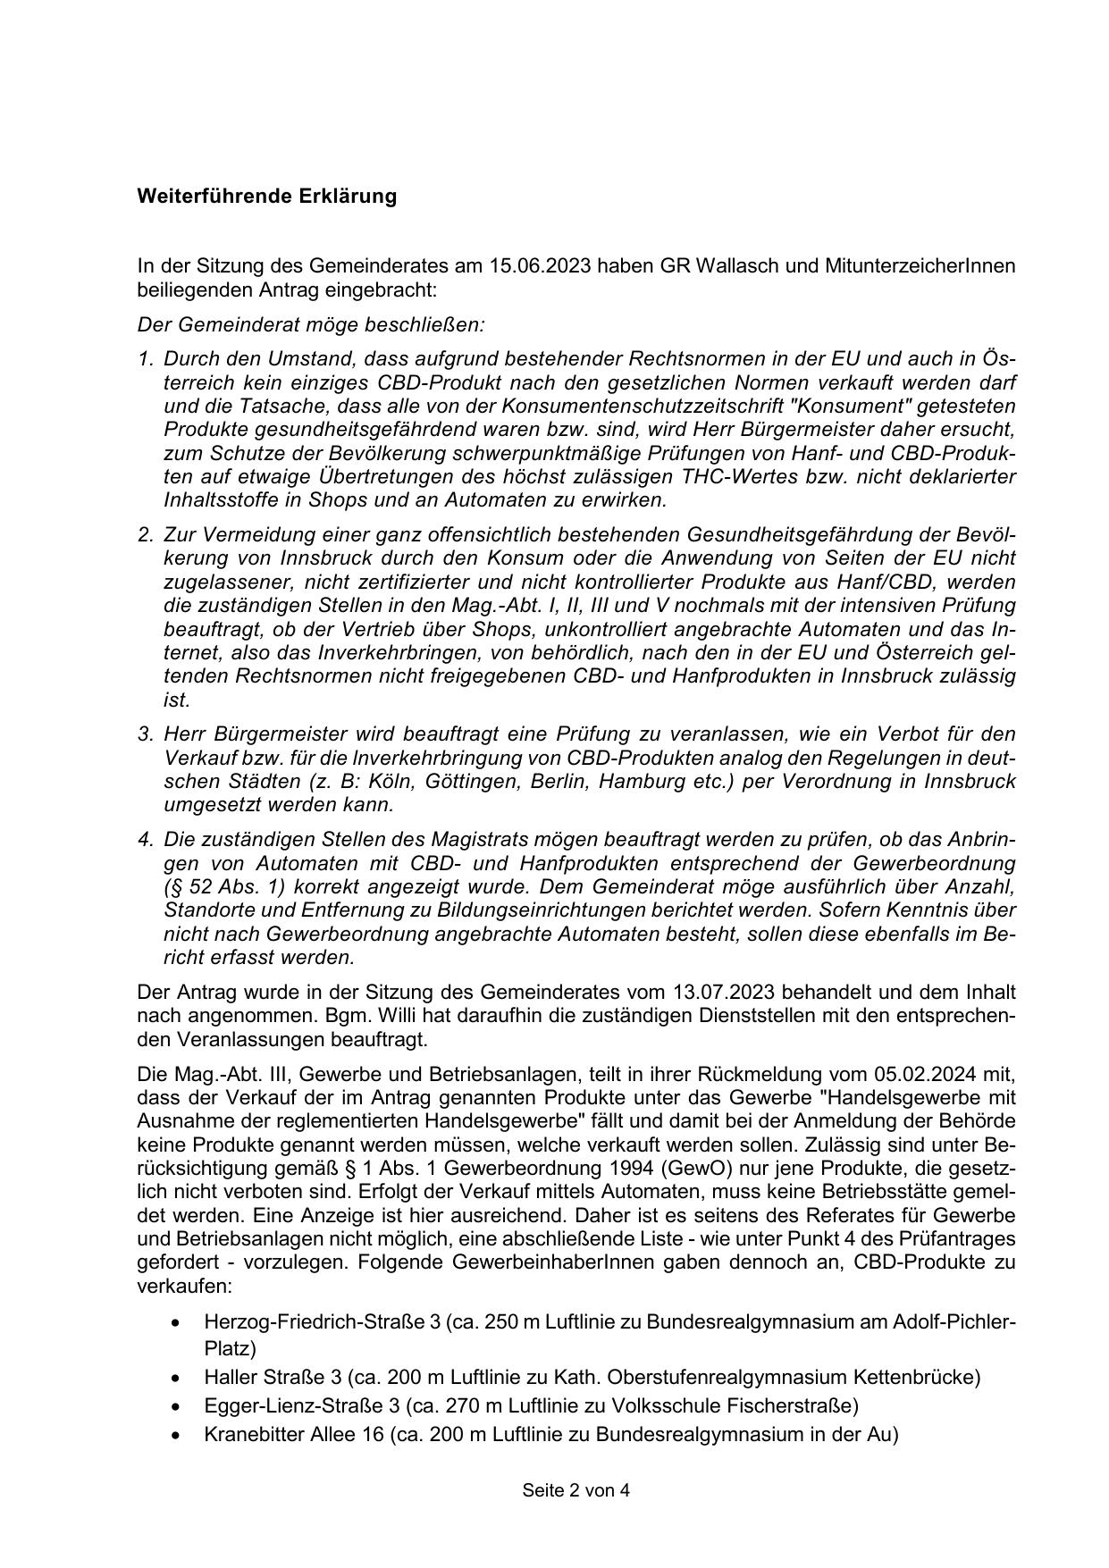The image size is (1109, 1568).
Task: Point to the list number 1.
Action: [x=146, y=359]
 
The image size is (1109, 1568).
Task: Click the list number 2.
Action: [x=146, y=535]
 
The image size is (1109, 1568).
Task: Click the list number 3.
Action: [x=146, y=734]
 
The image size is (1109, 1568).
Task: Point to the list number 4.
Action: [x=146, y=840]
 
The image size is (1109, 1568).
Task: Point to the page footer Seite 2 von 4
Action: [x=576, y=1490]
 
